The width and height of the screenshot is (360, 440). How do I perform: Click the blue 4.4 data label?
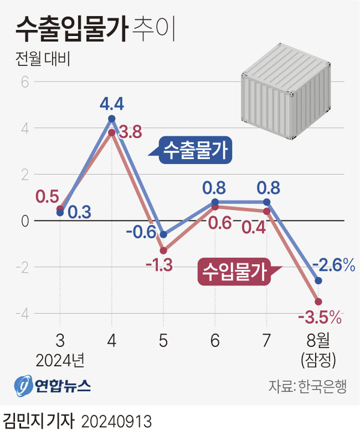click(x=112, y=104)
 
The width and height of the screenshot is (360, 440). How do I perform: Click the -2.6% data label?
click(x=334, y=264)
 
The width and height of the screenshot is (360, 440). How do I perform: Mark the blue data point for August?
click(x=318, y=280)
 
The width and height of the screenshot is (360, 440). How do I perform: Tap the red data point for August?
click(x=318, y=301)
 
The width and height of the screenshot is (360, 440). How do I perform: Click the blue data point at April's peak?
click(x=112, y=118)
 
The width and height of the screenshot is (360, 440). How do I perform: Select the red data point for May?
click(x=163, y=250)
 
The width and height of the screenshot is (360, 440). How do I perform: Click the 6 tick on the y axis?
click(x=25, y=82)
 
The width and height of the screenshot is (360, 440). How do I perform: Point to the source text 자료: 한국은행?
click(x=307, y=385)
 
